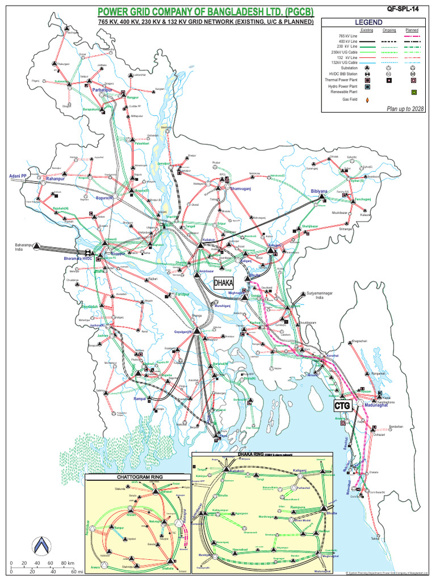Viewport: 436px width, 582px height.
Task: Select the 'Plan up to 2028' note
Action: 405,108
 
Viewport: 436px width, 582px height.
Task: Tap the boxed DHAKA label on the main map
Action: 224,282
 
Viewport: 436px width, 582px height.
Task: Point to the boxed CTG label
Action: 342,406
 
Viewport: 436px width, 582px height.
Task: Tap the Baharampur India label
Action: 24,247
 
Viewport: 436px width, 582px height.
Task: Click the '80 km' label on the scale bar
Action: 66,563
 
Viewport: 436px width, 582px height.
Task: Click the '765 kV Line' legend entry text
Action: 347,36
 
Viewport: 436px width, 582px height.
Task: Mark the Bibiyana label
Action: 320,191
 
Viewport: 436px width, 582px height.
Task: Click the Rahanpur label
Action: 56,179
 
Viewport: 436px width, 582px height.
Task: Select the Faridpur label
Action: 181,294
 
